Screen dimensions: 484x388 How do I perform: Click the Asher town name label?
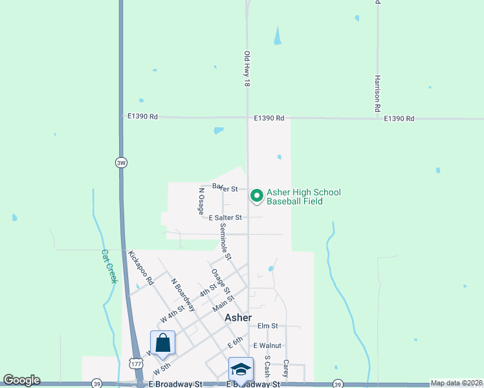click(x=237, y=318)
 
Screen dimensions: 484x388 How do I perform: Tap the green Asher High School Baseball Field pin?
click(x=256, y=195)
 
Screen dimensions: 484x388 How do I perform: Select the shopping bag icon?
click(x=162, y=343)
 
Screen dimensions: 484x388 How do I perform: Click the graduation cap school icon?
click(x=240, y=369)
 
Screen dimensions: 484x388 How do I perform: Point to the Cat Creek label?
click(x=109, y=266)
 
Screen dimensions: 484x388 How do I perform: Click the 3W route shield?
click(x=121, y=162)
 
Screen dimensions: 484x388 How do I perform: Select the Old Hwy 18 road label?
click(x=247, y=70)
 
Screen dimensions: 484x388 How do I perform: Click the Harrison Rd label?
click(x=377, y=94)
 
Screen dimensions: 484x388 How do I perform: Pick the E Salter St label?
click(x=226, y=218)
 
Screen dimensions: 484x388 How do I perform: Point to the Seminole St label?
click(x=225, y=242)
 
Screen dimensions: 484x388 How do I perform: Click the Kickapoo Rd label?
click(x=140, y=268)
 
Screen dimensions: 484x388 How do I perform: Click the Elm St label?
click(x=267, y=326)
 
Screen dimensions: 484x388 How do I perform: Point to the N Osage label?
click(x=201, y=202)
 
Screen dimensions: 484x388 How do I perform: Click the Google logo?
click(x=21, y=380)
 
